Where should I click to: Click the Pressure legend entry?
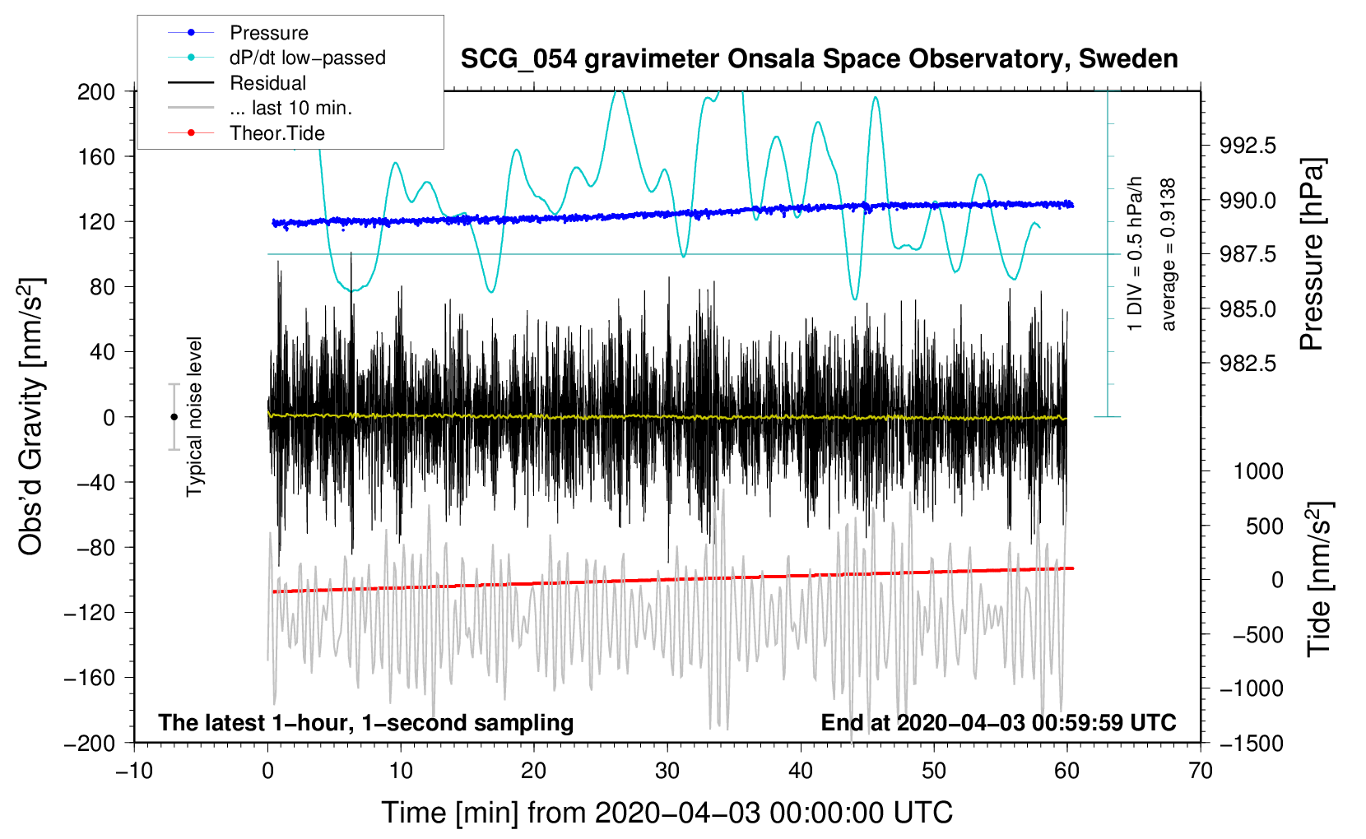click(x=268, y=33)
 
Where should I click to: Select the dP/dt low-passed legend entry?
click(x=307, y=58)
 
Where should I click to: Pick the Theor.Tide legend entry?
click(x=276, y=133)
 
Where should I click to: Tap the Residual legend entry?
click(x=267, y=83)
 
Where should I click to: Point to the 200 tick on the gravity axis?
click(x=96, y=91)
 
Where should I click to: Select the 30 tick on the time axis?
click(x=667, y=772)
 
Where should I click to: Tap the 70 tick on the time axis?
click(x=1201, y=772)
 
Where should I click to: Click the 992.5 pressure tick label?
click(x=1248, y=146)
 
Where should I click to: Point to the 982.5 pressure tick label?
click(x=1248, y=364)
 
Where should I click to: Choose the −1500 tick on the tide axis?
click(x=1251, y=743)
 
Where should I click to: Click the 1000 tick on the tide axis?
click(x=1258, y=471)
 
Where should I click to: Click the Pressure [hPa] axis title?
click(x=1313, y=255)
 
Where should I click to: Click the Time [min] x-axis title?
click(x=667, y=813)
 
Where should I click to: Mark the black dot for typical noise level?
click(x=174, y=417)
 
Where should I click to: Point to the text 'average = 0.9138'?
click(x=1168, y=255)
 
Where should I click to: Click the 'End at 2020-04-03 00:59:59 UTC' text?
click(x=998, y=723)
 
